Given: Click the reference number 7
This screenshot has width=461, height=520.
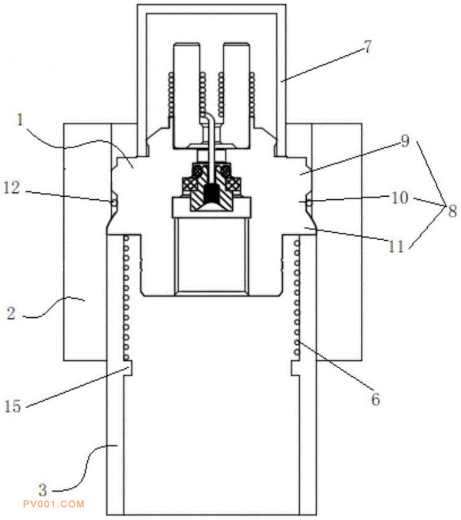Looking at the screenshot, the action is coord(368,47).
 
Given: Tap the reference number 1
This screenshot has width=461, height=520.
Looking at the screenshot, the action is coord(20,119).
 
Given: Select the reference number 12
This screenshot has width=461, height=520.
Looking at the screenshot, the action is coord(12,187).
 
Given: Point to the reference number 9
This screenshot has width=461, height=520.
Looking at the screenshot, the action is coord(405,141).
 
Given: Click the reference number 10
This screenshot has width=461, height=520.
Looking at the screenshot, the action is coord(400,198).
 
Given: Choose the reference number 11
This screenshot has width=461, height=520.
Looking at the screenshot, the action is coord(396,246).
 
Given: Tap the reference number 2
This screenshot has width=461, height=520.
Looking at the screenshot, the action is coord(11,313).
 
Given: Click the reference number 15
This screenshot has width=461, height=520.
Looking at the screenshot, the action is coord(13,406).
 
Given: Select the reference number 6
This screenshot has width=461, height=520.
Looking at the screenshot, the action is coord(376,400).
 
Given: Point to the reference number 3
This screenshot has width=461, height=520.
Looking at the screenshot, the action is coord(43,490).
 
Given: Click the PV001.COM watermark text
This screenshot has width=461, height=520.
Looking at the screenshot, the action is coord(53,505).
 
